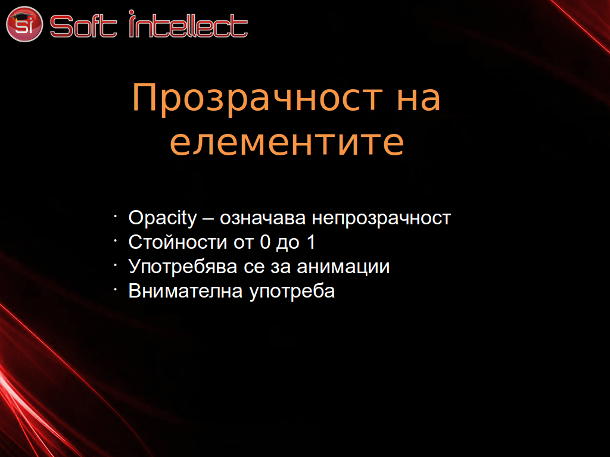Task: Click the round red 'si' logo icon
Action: (x=24, y=24)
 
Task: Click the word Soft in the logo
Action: (x=83, y=26)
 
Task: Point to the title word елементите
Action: (x=287, y=143)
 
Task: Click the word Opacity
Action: (x=163, y=218)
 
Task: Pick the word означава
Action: (x=263, y=218)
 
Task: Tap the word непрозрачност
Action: (x=381, y=219)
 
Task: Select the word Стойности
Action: (x=178, y=242)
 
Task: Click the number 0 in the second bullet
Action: (x=265, y=242)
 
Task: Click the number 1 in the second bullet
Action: (x=311, y=242)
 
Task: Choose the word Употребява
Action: (x=183, y=267)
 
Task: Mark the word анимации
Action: (x=343, y=267)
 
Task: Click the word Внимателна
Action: (x=186, y=291)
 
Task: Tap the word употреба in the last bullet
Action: (x=292, y=292)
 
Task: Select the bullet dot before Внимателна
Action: (x=116, y=289)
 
